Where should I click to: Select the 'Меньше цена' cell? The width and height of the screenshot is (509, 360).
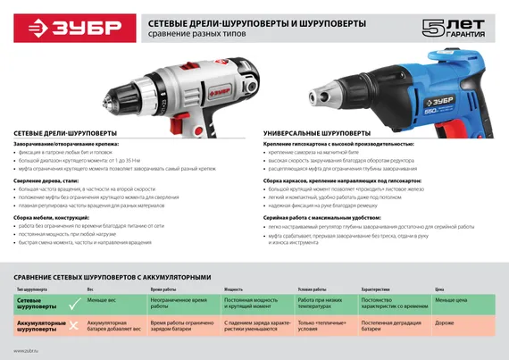(453, 301)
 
